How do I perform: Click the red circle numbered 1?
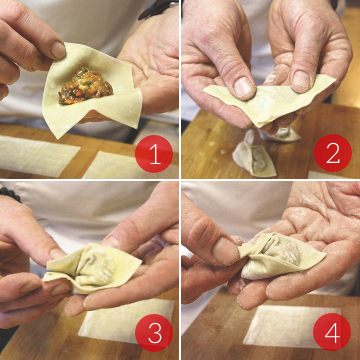(154, 154)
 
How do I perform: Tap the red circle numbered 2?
(333, 153)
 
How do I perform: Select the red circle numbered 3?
(154, 333)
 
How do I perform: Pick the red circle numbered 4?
(332, 332)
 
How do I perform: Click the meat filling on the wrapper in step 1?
(86, 86)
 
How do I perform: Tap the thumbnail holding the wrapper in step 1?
(58, 50)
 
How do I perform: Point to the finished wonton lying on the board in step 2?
(254, 156)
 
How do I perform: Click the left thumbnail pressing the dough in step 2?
(243, 86)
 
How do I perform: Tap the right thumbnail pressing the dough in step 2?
(301, 79)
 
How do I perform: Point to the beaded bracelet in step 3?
(10, 194)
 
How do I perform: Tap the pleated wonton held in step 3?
(93, 267)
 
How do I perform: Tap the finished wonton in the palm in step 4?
(280, 255)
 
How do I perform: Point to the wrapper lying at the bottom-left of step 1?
(37, 156)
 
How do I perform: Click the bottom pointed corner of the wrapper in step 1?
(57, 137)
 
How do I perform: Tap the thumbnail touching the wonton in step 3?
(57, 253)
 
